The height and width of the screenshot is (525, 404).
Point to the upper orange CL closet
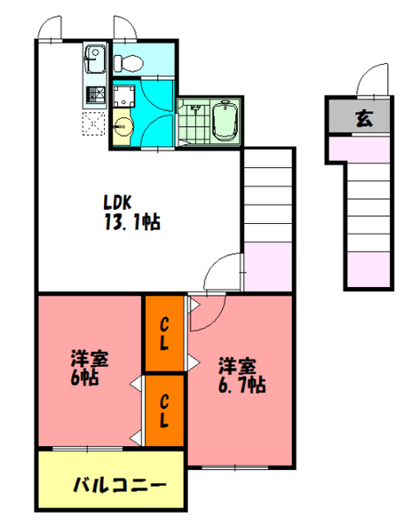[x=164, y=334]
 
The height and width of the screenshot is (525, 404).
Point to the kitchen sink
[x=94, y=62]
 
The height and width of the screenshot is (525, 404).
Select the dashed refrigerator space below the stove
[x=94, y=122]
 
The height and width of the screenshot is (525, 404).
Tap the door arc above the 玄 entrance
[x=372, y=80]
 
